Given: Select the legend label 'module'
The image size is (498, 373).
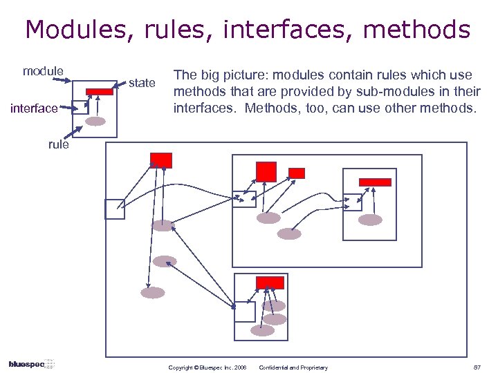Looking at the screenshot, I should click(43, 71).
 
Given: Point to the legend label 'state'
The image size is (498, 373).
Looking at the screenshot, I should click(142, 83).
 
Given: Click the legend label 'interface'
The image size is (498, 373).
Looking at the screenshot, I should click(35, 108).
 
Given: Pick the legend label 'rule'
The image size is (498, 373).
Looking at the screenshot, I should click(58, 144).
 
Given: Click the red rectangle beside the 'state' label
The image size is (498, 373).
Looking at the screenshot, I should click(100, 91).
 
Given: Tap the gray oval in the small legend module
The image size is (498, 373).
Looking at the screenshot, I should click(95, 122).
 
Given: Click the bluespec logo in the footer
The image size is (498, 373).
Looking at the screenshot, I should click(31, 364).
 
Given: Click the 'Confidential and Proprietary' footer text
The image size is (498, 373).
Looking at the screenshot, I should click(293, 367).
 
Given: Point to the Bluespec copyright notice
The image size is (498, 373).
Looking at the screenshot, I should click(207, 367).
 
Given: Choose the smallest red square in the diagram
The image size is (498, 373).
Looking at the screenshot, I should click(297, 173).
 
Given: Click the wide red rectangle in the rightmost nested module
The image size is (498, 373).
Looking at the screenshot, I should click(375, 182).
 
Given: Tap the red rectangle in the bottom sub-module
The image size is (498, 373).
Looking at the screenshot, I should click(270, 283).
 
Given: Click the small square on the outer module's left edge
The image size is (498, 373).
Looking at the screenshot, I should click(115, 209).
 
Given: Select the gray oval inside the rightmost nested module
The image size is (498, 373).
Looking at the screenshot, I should click(370, 220).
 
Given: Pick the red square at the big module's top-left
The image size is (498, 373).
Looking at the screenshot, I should click(161, 160).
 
